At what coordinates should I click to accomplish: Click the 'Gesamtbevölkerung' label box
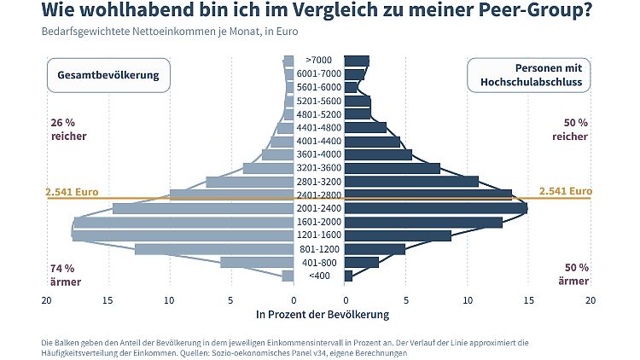click(108, 75)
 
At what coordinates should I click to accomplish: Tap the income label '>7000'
click(318, 61)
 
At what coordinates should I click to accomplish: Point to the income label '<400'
click(318, 276)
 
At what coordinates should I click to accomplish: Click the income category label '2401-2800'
click(318, 195)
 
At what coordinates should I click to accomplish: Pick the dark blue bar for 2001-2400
click(435, 208)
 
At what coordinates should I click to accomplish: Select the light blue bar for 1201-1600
click(183, 235)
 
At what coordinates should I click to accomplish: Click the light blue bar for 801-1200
click(213, 249)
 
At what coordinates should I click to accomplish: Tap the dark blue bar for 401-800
click(362, 262)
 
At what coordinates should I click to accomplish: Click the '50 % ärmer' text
click(573, 274)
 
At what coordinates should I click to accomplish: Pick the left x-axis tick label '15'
click(108, 300)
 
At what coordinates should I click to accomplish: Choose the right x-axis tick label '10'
click(468, 300)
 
